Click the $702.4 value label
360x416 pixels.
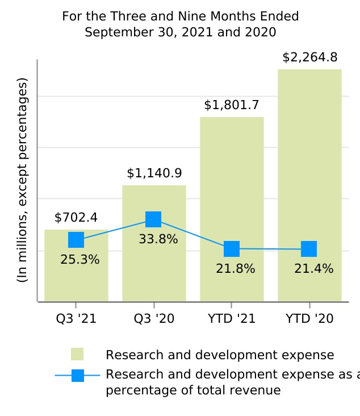click(x=76, y=218)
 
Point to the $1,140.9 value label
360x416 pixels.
click(x=154, y=173)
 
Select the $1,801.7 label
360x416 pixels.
click(x=232, y=105)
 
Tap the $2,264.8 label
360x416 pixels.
click(x=309, y=57)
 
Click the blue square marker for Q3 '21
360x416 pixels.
click(x=76, y=240)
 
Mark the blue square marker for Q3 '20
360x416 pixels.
click(x=153, y=219)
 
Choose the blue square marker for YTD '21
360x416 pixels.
click(x=232, y=249)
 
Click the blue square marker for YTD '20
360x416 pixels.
click(x=309, y=249)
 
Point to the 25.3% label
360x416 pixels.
click(x=80, y=260)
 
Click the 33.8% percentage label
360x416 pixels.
click(x=158, y=239)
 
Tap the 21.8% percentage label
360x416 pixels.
click(x=236, y=269)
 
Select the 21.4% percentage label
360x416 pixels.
click(x=313, y=269)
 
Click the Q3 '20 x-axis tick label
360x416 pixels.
click(x=154, y=319)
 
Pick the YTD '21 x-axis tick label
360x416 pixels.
click(x=232, y=319)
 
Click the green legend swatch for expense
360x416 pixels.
click(x=77, y=354)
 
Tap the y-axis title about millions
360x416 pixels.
click(x=22, y=181)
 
